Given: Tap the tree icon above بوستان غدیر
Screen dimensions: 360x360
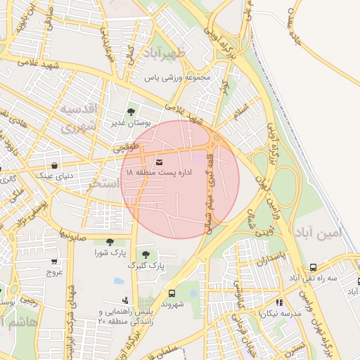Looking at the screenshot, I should (130, 111).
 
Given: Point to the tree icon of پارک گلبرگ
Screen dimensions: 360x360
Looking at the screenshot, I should (146, 255).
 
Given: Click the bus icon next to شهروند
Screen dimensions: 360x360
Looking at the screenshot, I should (172, 294).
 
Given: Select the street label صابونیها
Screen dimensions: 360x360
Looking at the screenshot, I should (72, 233).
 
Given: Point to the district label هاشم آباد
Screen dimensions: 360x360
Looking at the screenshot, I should (14, 322).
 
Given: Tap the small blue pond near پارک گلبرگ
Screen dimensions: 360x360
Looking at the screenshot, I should (119, 281).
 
